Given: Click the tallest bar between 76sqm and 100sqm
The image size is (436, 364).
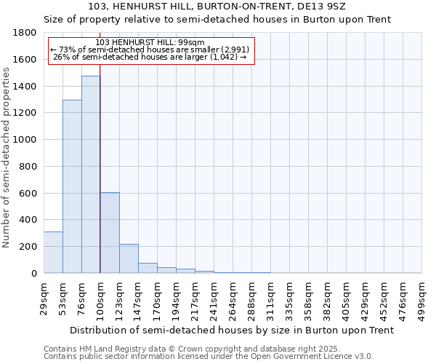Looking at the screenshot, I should [91, 175].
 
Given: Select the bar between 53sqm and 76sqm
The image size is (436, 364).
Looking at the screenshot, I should [72, 186].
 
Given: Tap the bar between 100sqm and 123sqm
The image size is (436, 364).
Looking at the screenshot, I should [110, 233].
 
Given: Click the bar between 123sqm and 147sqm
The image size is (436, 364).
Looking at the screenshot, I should [129, 258].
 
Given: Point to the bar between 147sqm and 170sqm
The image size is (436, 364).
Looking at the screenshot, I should [148, 268].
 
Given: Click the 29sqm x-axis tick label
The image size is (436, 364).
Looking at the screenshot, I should [44, 298].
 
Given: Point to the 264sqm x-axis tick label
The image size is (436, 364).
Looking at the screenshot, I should [233, 298].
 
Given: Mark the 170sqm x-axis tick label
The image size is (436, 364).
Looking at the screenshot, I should [157, 298].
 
